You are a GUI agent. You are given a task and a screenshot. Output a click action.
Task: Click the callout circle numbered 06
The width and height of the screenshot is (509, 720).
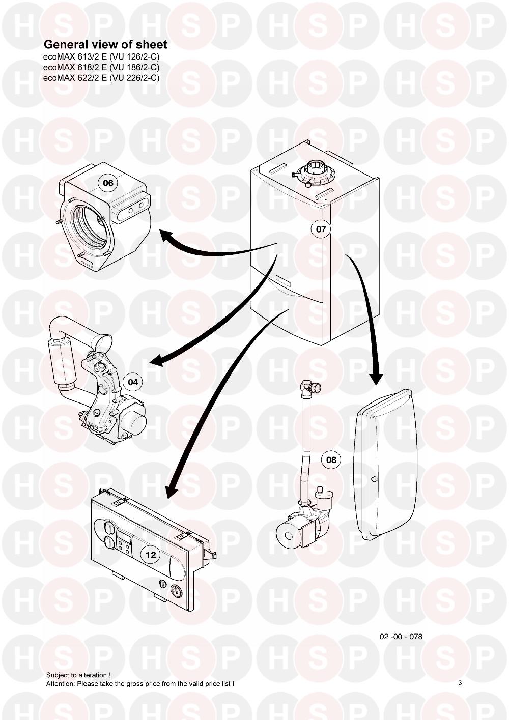point(108,183)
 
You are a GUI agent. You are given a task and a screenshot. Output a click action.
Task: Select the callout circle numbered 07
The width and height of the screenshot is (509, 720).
point(321,229)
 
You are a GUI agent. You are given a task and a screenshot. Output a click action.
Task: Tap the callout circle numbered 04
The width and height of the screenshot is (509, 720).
point(133,382)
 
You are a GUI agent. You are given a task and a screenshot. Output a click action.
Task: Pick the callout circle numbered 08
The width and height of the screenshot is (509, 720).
point(331,460)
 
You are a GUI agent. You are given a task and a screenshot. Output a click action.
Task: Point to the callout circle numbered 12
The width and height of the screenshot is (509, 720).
point(151,555)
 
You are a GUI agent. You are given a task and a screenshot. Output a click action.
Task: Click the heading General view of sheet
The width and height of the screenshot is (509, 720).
point(105,45)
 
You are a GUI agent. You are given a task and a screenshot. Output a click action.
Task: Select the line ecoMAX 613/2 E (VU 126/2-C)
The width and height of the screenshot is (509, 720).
point(101,57)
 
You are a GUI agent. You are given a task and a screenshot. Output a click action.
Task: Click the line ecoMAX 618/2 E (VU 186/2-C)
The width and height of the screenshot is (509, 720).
point(101,67)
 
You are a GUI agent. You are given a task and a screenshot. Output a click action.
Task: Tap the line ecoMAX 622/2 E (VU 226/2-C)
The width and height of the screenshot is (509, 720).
point(101,77)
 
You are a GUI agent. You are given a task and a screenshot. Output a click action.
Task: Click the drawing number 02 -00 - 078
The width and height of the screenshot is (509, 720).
point(401,637)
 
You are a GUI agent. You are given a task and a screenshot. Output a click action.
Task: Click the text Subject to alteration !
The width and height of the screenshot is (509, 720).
point(79,675)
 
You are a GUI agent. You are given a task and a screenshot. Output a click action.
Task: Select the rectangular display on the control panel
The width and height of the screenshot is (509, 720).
point(124,535)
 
